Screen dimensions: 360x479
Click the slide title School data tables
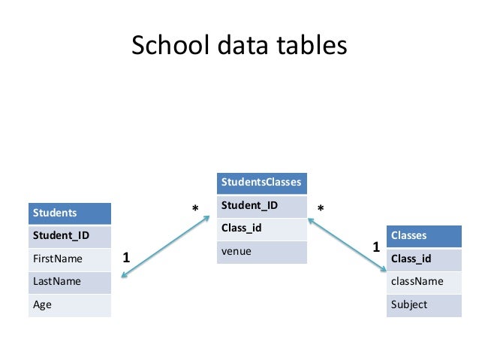(239, 47)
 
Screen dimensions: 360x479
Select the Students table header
(69, 213)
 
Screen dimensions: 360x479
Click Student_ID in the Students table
(69, 235)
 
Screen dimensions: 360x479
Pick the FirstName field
(69, 258)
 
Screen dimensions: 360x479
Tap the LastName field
(69, 280)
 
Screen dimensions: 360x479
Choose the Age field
(69, 304)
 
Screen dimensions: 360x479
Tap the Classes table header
(423, 235)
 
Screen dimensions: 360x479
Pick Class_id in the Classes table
(423, 259)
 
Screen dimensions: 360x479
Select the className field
(423, 281)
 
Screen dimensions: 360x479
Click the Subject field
(423, 304)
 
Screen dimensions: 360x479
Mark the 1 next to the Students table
(126, 257)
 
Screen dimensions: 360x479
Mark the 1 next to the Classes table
(376, 247)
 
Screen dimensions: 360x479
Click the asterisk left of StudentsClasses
(195, 208)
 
